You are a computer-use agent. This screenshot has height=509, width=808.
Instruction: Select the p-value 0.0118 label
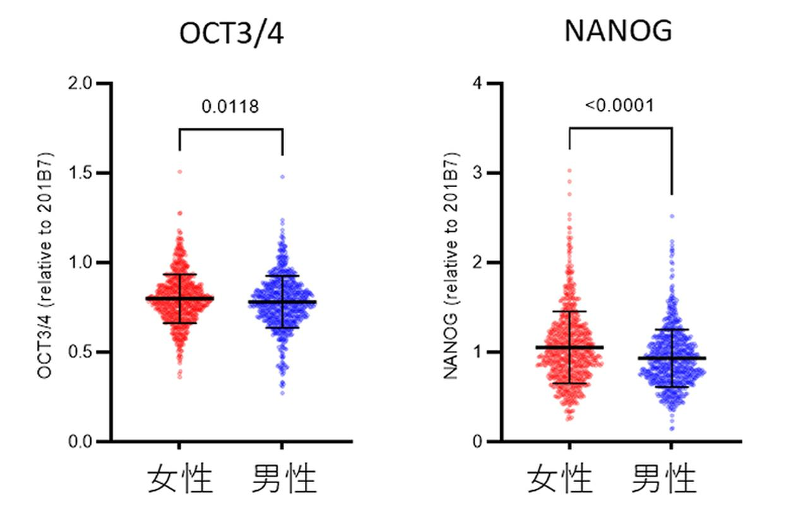pyautogui.click(x=230, y=107)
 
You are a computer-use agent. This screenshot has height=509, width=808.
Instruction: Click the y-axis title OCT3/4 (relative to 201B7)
pyautogui.click(x=45, y=264)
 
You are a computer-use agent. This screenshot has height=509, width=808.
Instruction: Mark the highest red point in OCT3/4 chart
pyautogui.click(x=179, y=172)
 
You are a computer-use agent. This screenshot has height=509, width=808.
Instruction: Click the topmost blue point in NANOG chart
pyautogui.click(x=672, y=216)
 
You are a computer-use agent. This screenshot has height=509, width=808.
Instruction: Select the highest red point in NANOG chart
pyautogui.click(x=569, y=171)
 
